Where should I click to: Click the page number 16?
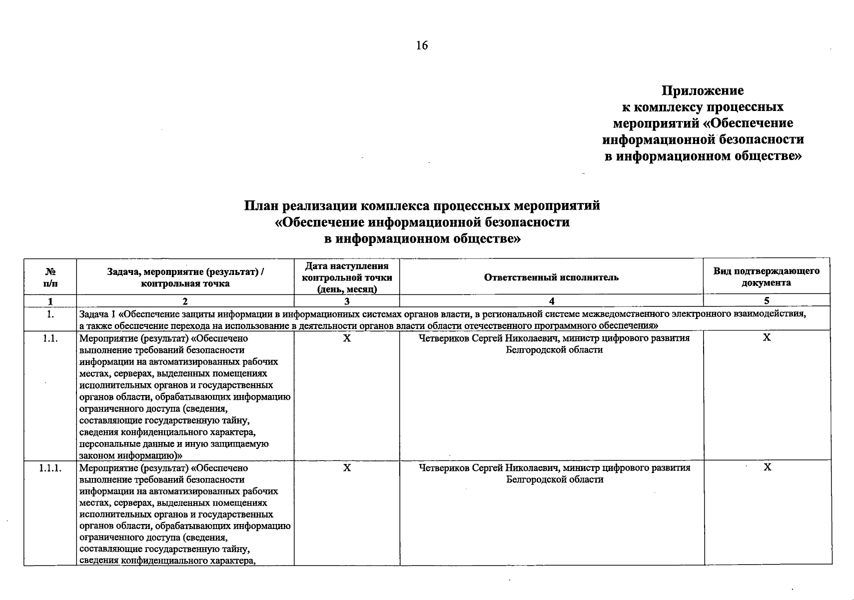(x=422, y=45)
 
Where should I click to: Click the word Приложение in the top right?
(x=703, y=90)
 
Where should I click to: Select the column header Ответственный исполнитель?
(x=551, y=277)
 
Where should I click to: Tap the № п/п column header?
(x=50, y=277)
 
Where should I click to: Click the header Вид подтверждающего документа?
(x=766, y=276)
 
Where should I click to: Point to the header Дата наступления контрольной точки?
(x=347, y=277)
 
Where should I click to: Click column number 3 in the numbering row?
(x=347, y=301)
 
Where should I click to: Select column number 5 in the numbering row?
(x=767, y=301)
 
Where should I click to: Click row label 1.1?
(x=50, y=338)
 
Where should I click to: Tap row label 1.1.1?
(x=50, y=468)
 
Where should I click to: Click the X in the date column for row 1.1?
(x=347, y=338)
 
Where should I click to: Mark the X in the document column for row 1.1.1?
(x=768, y=467)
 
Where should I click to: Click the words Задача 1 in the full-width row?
(x=97, y=314)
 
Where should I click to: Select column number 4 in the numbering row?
(x=551, y=301)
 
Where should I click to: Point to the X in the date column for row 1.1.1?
(x=347, y=468)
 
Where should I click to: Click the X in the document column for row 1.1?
(x=767, y=338)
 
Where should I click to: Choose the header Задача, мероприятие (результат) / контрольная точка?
(x=185, y=277)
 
